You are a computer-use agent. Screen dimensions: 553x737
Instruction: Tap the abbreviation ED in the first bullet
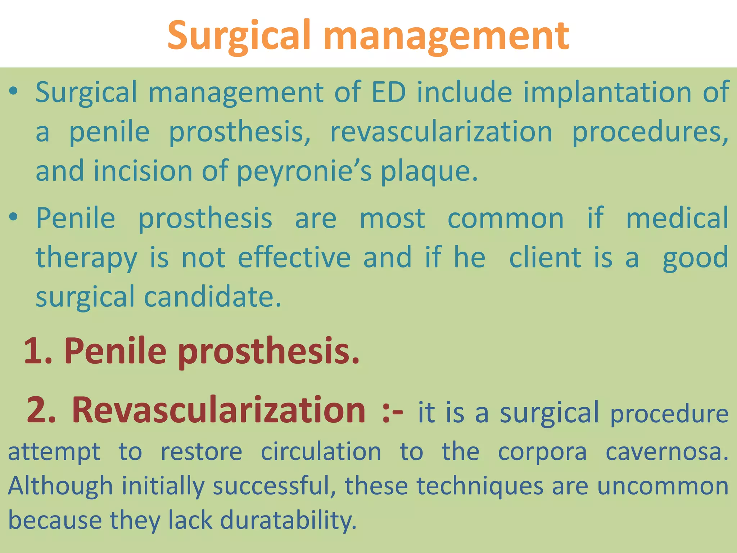pos(389,93)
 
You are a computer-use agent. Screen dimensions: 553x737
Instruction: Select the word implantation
pos(607,93)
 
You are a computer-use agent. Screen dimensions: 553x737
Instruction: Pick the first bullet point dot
pos(13,91)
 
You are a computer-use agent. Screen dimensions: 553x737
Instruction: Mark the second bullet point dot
pos(13,217)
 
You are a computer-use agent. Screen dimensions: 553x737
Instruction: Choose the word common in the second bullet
pos(506,219)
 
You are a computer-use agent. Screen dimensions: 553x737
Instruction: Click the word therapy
pos(86,258)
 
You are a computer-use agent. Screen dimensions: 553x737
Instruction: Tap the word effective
pos(294,257)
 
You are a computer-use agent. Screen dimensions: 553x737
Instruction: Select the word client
pos(545,257)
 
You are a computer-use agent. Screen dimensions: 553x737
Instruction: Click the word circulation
pos(321,451)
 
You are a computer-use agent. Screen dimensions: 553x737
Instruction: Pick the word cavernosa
pos(667,451)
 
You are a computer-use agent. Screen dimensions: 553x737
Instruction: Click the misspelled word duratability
pos(288,521)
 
